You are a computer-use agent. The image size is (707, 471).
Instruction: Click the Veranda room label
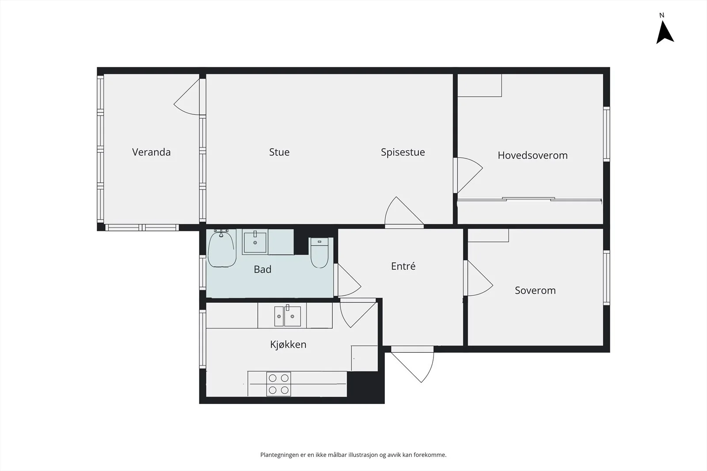tap(151, 152)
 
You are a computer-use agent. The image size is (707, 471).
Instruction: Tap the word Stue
tap(279, 152)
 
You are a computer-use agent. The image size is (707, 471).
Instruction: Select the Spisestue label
tap(403, 152)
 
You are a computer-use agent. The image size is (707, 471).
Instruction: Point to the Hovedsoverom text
tap(532, 155)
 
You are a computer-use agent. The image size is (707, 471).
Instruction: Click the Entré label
tap(403, 266)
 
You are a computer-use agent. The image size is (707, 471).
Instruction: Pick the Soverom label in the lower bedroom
tap(535, 290)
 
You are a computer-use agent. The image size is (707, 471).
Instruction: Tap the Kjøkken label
tap(288, 344)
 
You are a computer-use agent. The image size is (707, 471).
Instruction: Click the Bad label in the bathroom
tap(262, 269)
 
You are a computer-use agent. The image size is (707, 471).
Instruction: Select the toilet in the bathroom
tap(319, 253)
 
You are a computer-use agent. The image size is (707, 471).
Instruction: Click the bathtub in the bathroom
tap(222, 249)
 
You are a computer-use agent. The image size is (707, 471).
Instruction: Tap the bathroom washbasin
tap(255, 242)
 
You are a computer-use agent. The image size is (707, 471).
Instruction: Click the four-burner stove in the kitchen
tap(279, 384)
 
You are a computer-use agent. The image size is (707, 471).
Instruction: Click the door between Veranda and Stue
tap(187, 97)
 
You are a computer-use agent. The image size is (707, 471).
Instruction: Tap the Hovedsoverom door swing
tap(470, 175)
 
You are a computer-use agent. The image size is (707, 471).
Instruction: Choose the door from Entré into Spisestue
tap(404, 211)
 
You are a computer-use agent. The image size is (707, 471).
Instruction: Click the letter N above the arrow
tap(662, 15)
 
